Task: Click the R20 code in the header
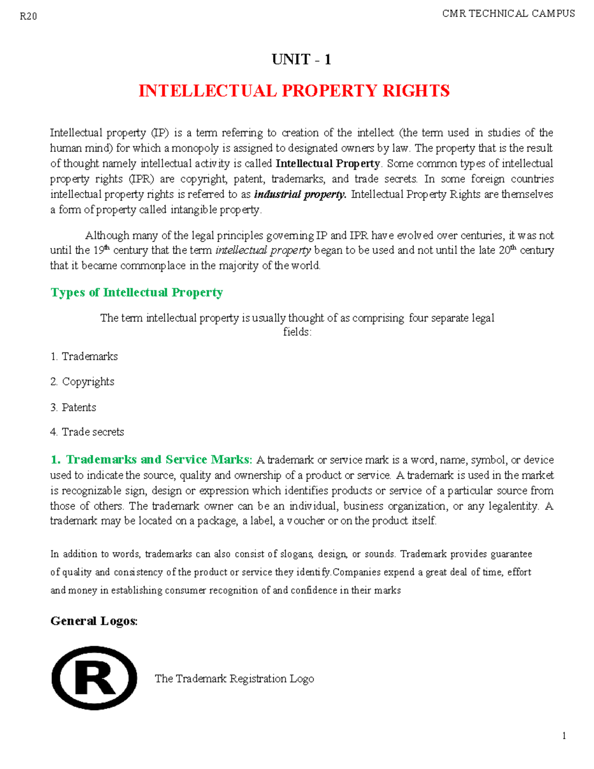pos(28,17)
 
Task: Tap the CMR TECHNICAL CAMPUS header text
pos(508,14)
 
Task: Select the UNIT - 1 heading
pos(301,59)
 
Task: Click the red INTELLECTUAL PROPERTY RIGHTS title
pos(294,91)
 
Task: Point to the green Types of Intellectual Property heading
pos(137,293)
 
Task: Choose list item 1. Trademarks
pos(84,357)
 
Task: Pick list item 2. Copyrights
pos(83,382)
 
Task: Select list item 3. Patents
pos(73,408)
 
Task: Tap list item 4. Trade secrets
pos(87,432)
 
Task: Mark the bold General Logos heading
pos(94,621)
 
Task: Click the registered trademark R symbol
pos(94,678)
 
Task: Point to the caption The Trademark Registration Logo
pos(234,679)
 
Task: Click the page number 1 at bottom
pos(564,736)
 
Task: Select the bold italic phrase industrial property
pos(300,194)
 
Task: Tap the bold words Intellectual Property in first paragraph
pos(328,163)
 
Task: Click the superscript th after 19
pos(107,247)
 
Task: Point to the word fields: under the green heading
pos(297,332)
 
